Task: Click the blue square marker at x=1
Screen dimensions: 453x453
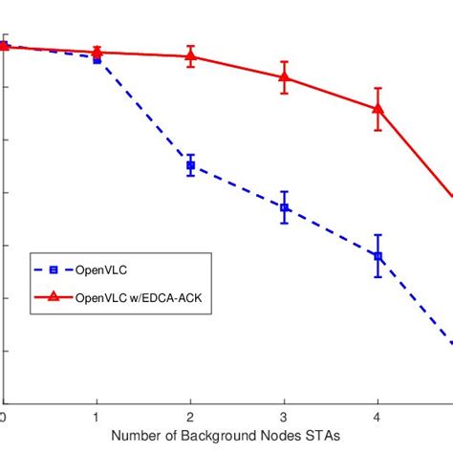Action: click(x=97, y=58)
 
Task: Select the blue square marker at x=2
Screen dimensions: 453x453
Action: click(x=190, y=165)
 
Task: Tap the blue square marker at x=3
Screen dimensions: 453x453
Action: click(x=284, y=207)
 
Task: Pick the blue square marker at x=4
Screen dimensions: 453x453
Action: click(x=377, y=256)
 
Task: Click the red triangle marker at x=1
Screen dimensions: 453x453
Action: click(x=97, y=53)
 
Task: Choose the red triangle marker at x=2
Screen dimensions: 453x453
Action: click(x=190, y=55)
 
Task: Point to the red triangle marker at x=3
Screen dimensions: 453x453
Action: click(x=284, y=76)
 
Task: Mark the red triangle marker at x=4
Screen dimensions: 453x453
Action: click(x=377, y=108)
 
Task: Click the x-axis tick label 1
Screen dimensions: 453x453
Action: click(x=97, y=417)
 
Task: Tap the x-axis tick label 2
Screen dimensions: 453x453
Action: click(x=190, y=417)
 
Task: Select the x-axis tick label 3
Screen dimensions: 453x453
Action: click(x=284, y=417)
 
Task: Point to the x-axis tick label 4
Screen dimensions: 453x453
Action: click(x=377, y=417)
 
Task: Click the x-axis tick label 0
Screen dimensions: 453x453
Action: click(x=4, y=417)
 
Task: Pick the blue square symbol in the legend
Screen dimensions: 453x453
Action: click(x=53, y=270)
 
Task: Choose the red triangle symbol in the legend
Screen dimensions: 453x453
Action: click(x=53, y=298)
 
